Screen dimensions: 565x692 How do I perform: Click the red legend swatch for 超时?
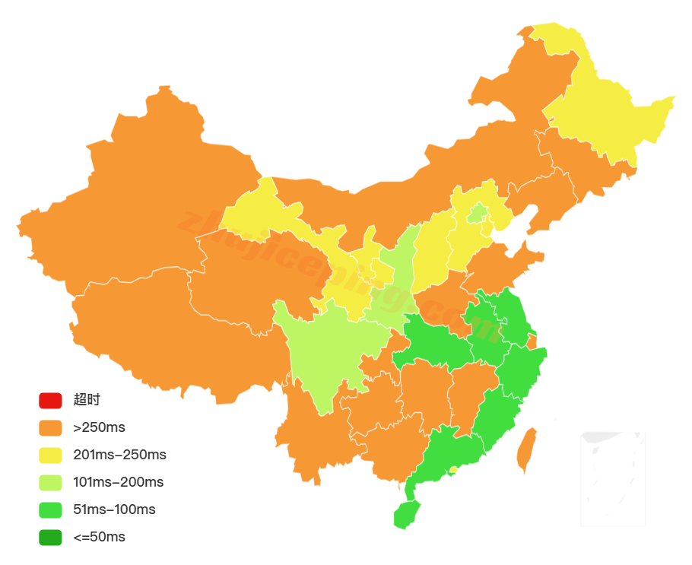50,400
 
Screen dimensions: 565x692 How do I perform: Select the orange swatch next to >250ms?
50,427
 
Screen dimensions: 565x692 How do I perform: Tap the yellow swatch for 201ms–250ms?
50,455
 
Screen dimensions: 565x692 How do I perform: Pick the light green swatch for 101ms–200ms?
50,482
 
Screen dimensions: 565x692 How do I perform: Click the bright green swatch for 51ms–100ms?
50,509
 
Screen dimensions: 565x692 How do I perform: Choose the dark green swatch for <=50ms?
50,537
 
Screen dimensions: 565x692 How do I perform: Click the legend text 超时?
87,400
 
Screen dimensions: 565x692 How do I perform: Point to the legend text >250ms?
99,427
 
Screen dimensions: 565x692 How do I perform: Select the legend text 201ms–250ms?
119,455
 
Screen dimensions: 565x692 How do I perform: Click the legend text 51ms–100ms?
114,509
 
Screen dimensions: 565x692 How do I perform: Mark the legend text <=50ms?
99,537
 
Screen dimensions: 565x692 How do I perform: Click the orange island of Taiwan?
526,450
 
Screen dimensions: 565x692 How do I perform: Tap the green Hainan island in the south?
407,515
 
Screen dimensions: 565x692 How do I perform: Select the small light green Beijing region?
477,213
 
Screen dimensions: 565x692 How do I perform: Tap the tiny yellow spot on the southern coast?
453,470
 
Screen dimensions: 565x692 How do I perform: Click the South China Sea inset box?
612,478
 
